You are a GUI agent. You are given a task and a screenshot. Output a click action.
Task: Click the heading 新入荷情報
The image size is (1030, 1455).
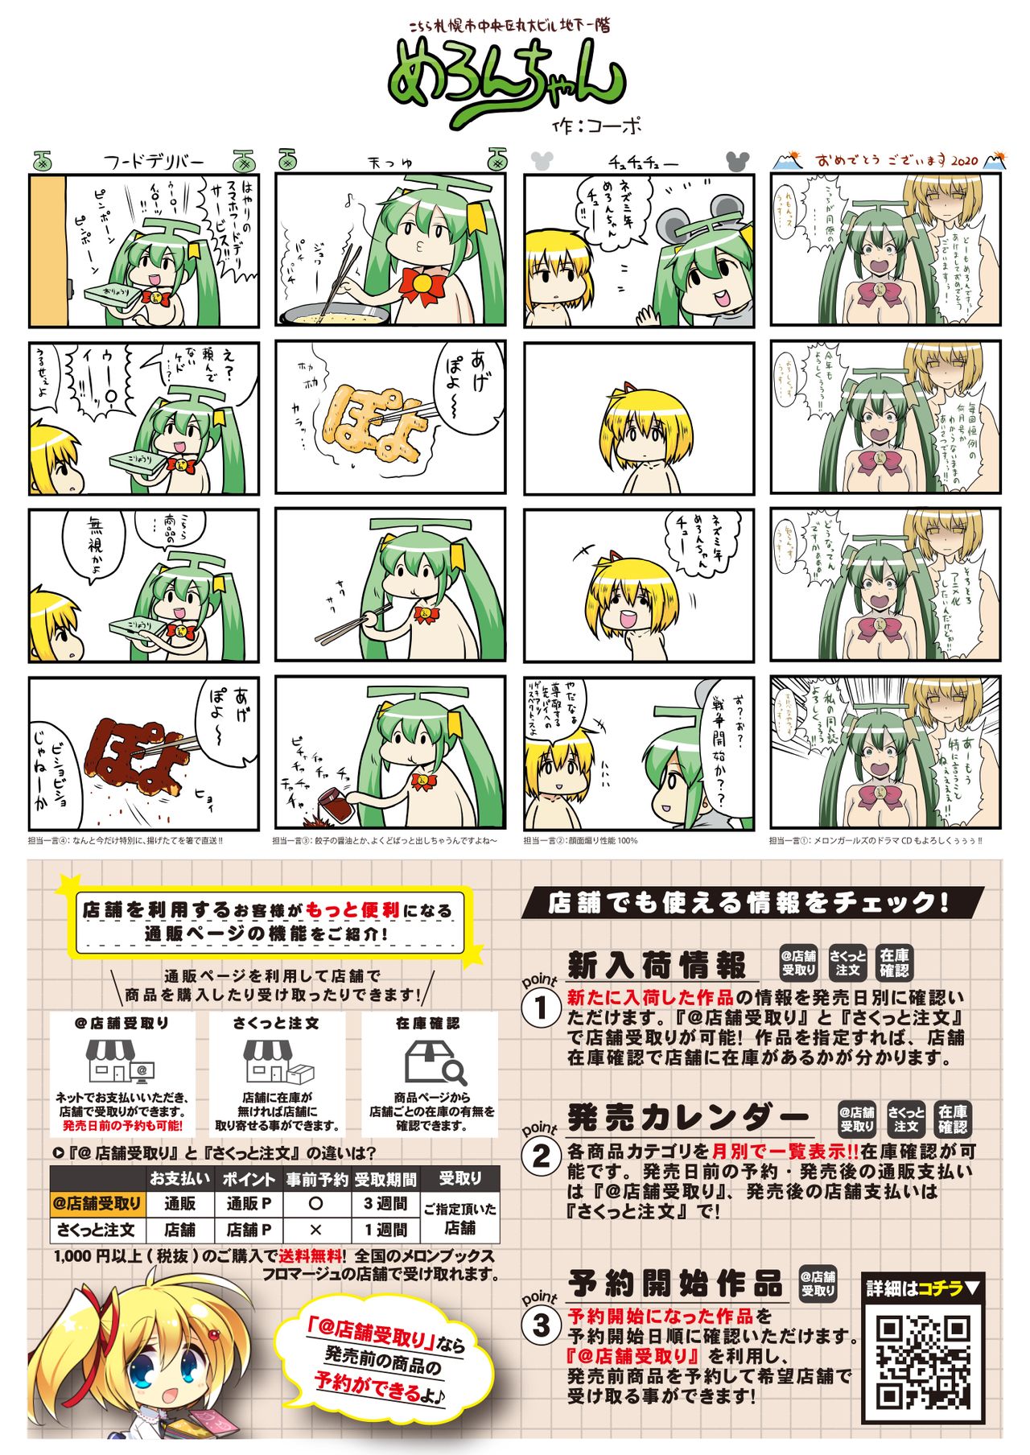[657, 964]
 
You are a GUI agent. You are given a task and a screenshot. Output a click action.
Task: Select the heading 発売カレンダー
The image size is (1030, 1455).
[687, 1117]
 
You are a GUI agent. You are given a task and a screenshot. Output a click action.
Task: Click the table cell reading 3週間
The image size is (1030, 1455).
[385, 1204]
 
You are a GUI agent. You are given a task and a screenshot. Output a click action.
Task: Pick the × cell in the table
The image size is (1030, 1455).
[315, 1230]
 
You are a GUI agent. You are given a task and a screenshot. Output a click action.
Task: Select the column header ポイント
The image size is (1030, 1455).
[248, 1179]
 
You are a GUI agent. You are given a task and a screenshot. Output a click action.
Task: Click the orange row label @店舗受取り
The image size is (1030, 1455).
[97, 1204]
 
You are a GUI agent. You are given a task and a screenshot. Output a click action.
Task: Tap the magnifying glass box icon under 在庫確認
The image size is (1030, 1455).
[433, 1061]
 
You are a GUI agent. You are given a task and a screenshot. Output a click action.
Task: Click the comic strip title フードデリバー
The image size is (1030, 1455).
[154, 161]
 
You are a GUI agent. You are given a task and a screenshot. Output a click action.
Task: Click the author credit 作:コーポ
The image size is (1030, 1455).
[597, 126]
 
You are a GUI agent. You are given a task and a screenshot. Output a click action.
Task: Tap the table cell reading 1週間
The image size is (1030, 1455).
[385, 1230]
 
